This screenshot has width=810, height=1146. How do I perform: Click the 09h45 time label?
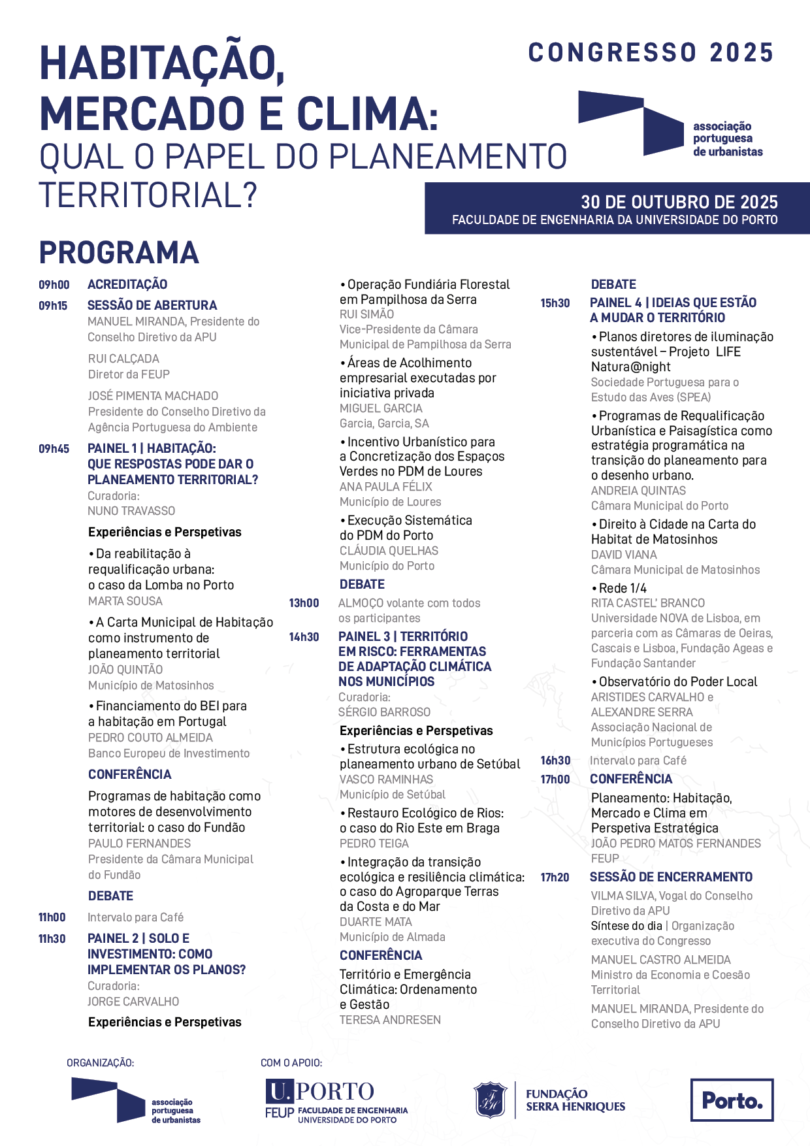[54, 449]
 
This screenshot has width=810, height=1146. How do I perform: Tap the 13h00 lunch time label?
[304, 603]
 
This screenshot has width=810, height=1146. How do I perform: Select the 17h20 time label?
[555, 877]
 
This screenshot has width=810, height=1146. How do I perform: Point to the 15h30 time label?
[555, 303]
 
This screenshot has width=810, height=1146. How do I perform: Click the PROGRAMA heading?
[119, 254]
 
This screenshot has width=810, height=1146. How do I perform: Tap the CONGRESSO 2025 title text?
[651, 53]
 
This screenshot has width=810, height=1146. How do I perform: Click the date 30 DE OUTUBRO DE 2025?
[679, 202]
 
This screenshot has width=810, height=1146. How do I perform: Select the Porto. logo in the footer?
[732, 1100]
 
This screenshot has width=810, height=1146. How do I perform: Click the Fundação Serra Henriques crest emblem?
[490, 1100]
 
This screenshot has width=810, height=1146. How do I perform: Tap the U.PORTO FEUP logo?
[336, 1102]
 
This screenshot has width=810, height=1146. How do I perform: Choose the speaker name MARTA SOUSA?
[125, 601]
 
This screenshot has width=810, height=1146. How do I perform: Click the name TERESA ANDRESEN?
[390, 1020]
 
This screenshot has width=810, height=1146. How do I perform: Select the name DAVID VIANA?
[624, 555]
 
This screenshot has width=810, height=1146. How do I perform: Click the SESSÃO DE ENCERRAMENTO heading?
[671, 877]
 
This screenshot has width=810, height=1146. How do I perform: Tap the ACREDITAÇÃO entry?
[127, 285]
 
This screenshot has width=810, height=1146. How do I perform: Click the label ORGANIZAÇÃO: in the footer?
[100, 1063]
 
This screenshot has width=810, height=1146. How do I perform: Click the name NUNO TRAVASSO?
[131, 511]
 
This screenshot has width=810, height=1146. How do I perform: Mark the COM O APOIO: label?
[291, 1063]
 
